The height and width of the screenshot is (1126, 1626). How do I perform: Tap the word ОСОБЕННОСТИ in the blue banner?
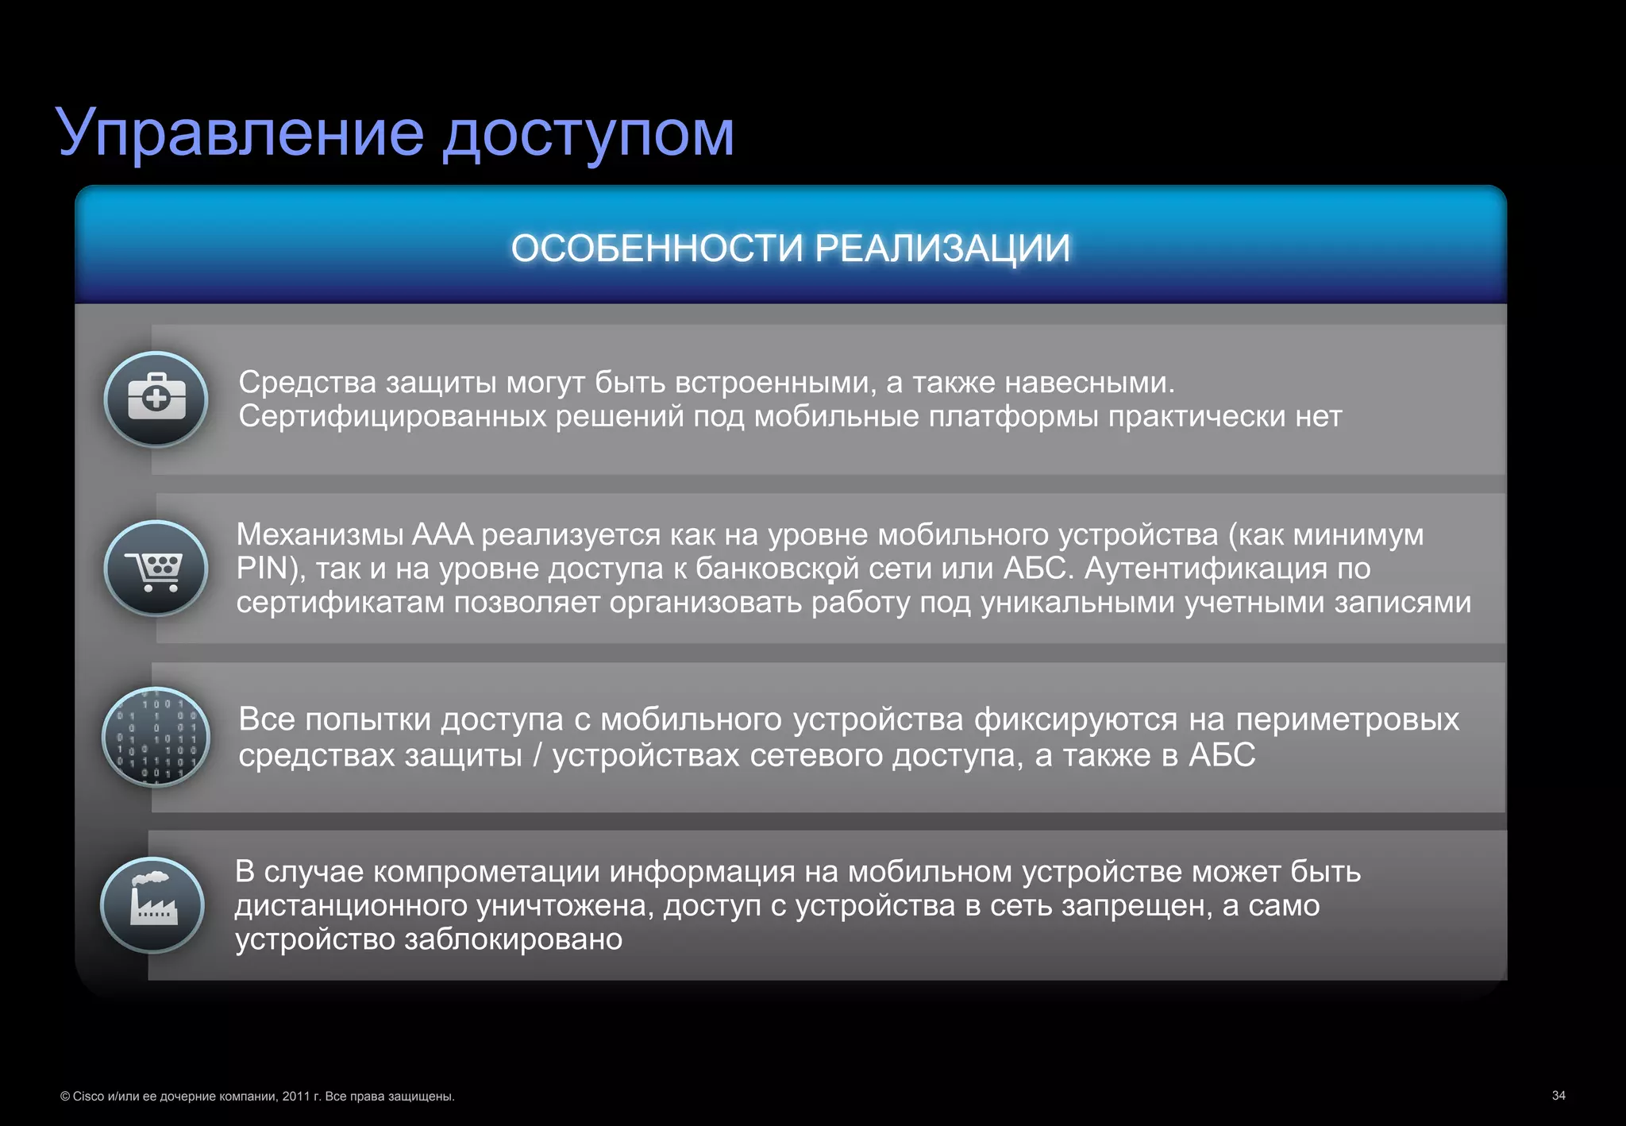tap(657, 249)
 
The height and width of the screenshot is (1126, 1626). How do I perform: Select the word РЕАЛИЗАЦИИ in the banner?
tap(942, 249)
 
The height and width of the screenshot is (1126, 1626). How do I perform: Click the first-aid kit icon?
tap(156, 399)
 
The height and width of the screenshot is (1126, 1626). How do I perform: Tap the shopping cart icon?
tap(156, 569)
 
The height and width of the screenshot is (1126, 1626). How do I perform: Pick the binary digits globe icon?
tap(156, 737)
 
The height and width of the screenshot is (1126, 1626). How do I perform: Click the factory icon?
tap(153, 904)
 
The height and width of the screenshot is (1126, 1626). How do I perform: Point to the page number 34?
tap(1558, 1096)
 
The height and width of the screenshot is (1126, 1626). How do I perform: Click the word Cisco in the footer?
tap(88, 1097)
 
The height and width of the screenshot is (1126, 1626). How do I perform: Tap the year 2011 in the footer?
tap(295, 1097)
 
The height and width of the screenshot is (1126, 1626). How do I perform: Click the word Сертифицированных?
tap(392, 416)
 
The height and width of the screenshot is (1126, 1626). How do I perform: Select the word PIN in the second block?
tap(262, 569)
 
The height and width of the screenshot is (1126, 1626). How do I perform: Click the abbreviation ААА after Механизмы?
tap(442, 534)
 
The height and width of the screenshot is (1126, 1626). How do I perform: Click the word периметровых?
tap(1347, 719)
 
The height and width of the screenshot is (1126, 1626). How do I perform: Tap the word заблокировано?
tap(513, 939)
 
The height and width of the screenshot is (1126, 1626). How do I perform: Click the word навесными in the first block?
tap(1088, 383)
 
